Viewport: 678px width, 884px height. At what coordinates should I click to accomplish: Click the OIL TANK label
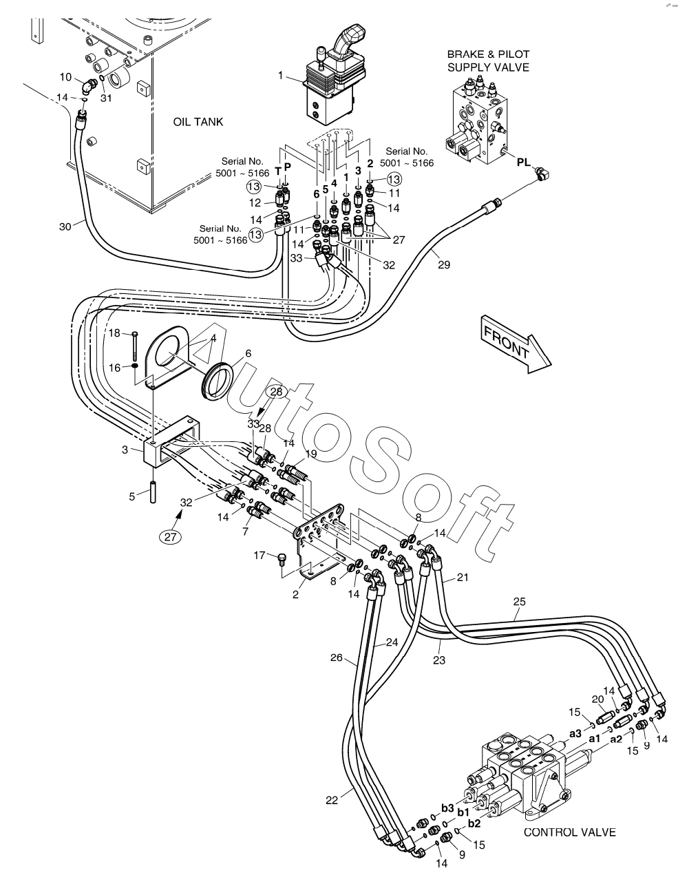tap(198, 122)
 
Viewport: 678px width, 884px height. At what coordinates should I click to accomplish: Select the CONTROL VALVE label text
tap(569, 832)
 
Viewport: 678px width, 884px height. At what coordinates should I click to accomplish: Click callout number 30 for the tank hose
tap(65, 227)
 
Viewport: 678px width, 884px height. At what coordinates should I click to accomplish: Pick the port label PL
tap(524, 162)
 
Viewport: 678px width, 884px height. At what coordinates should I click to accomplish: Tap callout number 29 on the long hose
tap(444, 264)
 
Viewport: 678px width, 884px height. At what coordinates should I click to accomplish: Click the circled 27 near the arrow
tap(171, 537)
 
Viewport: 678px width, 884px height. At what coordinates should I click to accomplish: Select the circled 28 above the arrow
tap(276, 392)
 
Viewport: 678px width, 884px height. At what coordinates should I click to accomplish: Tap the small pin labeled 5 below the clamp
tap(153, 492)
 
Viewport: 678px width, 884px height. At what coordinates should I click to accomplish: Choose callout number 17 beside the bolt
tap(259, 555)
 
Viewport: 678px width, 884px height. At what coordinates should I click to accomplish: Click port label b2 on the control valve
tap(474, 823)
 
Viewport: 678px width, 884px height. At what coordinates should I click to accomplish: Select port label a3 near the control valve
tap(575, 733)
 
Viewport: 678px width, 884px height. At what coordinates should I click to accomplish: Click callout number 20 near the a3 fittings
tap(597, 699)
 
